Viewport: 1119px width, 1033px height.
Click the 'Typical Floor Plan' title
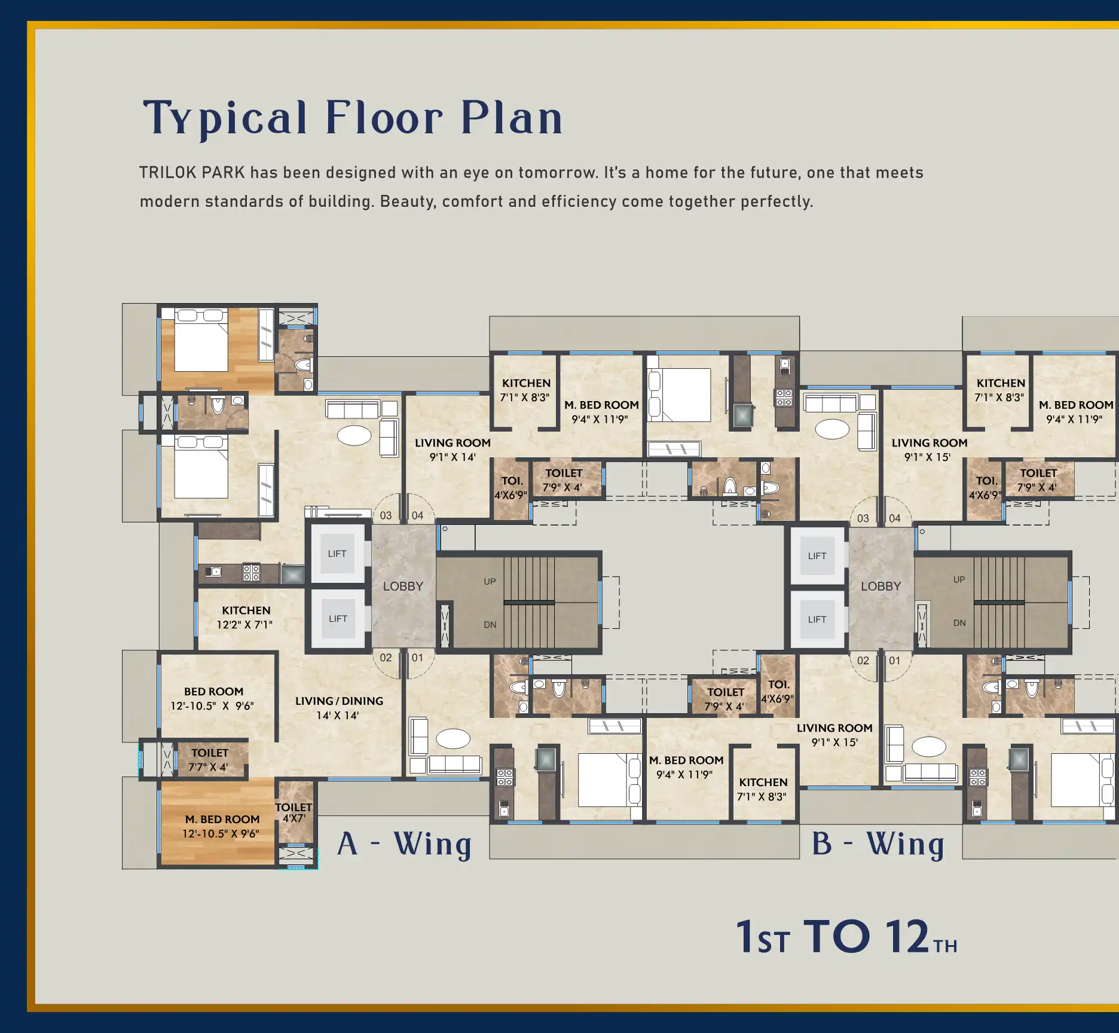pyautogui.click(x=353, y=118)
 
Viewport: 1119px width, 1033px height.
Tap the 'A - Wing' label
pyautogui.click(x=405, y=845)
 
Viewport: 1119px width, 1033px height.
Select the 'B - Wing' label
pyautogui.click(x=878, y=845)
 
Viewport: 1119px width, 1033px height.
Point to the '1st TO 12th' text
pyautogui.click(x=846, y=937)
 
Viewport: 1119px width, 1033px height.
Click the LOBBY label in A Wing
pyautogui.click(x=403, y=586)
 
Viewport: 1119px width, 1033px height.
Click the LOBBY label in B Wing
pyautogui.click(x=880, y=586)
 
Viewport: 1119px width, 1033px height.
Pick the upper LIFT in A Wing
pyautogui.click(x=337, y=554)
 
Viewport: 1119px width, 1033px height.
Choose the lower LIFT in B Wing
pyautogui.click(x=817, y=619)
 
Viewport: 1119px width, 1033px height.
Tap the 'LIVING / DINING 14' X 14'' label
pyautogui.click(x=339, y=708)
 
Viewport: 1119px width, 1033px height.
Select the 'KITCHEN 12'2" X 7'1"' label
pyautogui.click(x=246, y=618)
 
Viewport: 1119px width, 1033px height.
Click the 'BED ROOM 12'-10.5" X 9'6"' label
pyautogui.click(x=213, y=699)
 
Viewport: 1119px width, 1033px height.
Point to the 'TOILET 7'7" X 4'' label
pyautogui.click(x=209, y=760)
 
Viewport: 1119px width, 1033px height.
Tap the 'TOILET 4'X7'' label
pyautogui.click(x=293, y=812)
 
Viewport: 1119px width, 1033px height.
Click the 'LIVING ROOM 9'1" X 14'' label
pyautogui.click(x=453, y=450)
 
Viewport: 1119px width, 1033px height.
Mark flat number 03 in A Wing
pyautogui.click(x=386, y=515)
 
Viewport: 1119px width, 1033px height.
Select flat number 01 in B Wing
pyautogui.click(x=894, y=661)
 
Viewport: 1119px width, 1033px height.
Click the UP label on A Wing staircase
pyautogui.click(x=490, y=582)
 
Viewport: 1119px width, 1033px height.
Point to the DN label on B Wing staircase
pyautogui.click(x=959, y=623)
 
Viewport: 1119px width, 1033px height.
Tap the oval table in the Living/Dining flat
pyautogui.click(x=354, y=435)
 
